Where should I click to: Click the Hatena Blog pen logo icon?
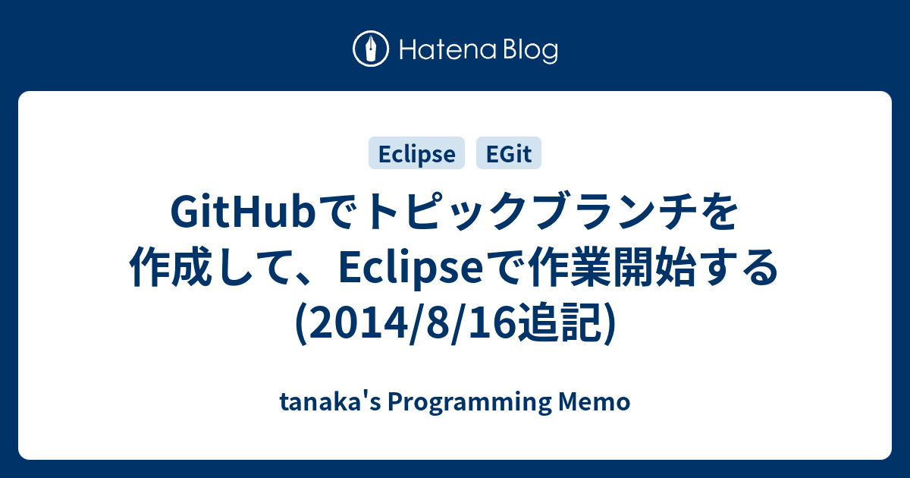tap(371, 50)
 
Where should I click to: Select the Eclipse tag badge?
tap(416, 153)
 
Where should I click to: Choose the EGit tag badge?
tap(508, 153)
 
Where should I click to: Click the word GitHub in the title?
tap(242, 214)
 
